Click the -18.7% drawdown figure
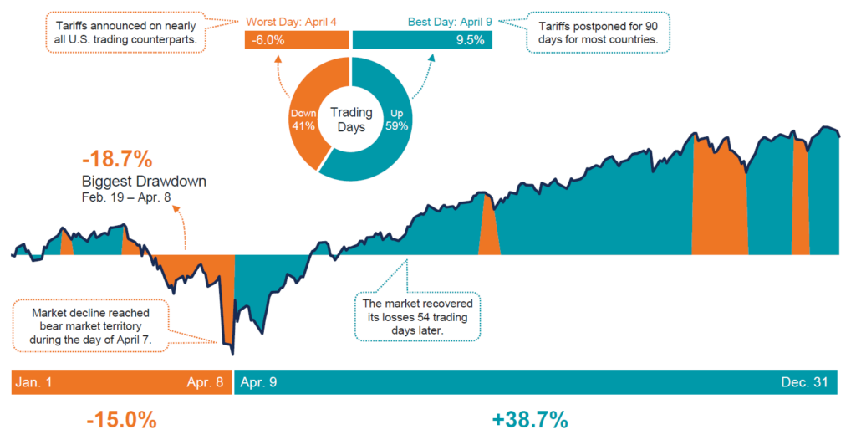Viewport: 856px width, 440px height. (x=116, y=159)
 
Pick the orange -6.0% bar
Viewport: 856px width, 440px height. (x=296, y=40)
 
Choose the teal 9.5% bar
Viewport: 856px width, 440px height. (x=422, y=40)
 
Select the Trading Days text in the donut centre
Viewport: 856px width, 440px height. (x=351, y=119)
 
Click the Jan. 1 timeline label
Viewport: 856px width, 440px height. (x=34, y=383)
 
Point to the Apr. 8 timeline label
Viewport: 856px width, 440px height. (x=205, y=383)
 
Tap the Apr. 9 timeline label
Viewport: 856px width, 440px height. (x=259, y=383)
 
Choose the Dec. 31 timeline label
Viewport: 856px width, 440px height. (x=805, y=383)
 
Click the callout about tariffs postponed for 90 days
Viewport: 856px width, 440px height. (x=599, y=33)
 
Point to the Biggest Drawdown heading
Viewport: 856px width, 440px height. (x=144, y=181)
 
